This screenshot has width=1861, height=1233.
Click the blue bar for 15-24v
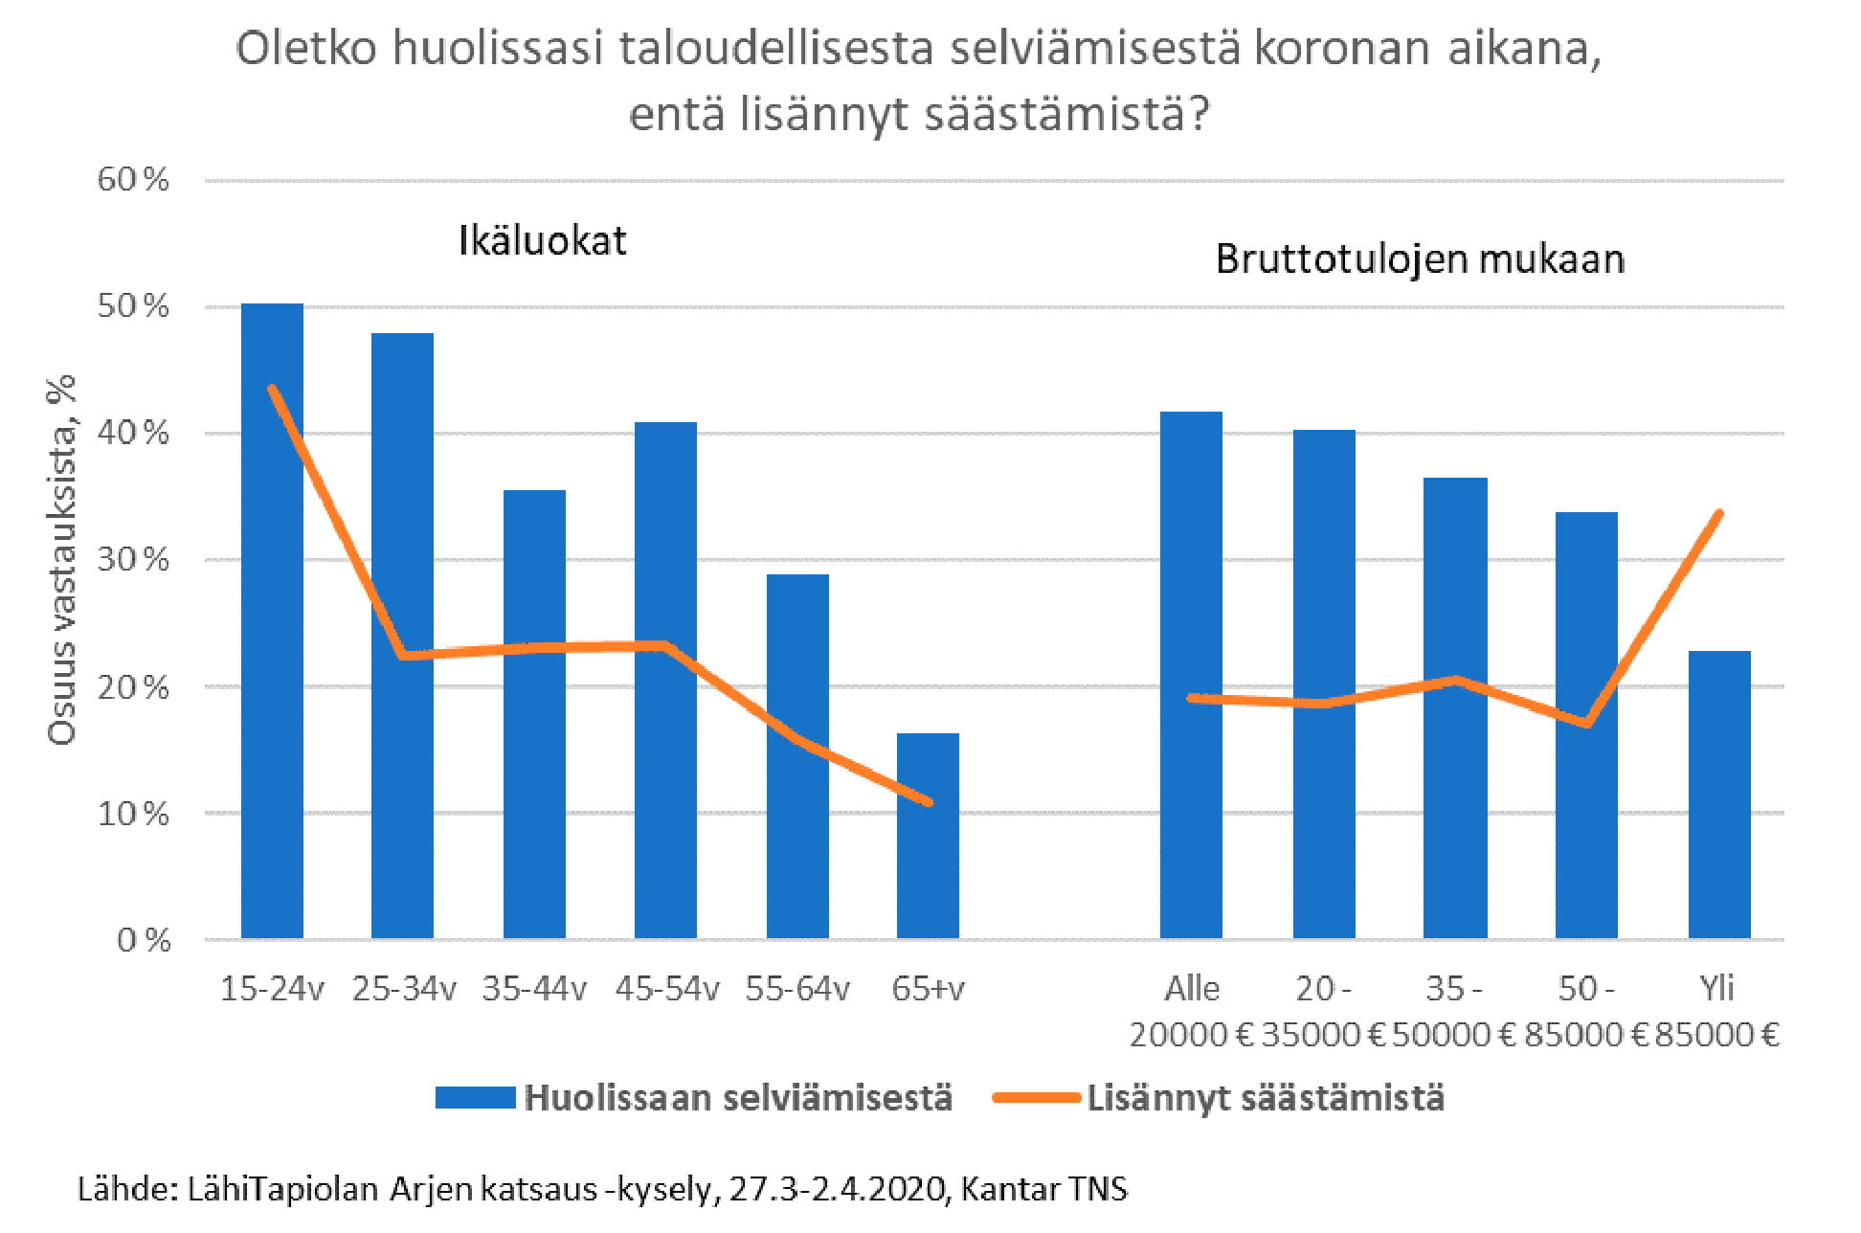[272, 622]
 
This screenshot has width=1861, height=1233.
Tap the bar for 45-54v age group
[665, 680]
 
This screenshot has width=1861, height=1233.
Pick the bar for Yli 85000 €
[1719, 795]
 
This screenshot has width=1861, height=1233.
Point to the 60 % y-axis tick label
[133, 179]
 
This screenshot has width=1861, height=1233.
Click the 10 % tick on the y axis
[133, 814]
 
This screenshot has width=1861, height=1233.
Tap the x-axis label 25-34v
[403, 989]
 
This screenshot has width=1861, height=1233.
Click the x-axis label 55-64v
[797, 989]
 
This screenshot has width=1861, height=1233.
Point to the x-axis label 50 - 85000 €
[1585, 1011]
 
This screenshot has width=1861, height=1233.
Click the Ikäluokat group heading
[542, 240]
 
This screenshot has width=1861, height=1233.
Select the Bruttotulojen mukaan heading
[1420, 259]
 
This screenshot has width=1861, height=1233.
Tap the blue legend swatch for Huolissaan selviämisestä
[475, 1097]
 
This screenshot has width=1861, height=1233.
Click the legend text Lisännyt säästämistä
[1265, 1097]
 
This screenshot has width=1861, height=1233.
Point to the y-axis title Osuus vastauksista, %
[62, 560]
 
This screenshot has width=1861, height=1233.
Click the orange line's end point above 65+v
[929, 802]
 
